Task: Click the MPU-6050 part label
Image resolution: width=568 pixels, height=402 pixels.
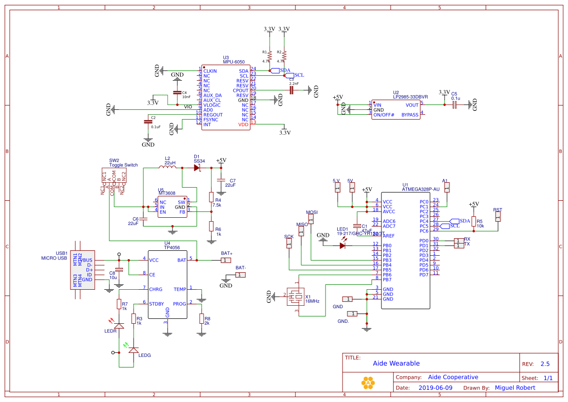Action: pyautogui.click(x=234, y=62)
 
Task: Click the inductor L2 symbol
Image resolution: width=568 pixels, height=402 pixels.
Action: pyautogui.click(x=168, y=168)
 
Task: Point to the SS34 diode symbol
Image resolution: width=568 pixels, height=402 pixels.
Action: pyautogui.click(x=197, y=168)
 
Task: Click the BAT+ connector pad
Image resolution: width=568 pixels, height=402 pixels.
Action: pyautogui.click(x=226, y=261)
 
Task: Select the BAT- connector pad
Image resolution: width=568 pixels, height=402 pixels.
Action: pyautogui.click(x=241, y=275)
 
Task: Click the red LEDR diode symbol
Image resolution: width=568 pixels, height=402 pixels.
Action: pyautogui.click(x=119, y=324)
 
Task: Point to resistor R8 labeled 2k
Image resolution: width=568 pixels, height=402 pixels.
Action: pyautogui.click(x=202, y=318)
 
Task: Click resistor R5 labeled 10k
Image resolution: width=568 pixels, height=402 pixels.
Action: pyautogui.click(x=473, y=222)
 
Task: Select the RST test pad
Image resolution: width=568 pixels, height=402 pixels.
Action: pyautogui.click(x=498, y=217)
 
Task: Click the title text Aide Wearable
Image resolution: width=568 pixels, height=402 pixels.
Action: pyautogui.click(x=396, y=364)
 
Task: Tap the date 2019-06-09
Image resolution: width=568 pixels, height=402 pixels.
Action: pyautogui.click(x=435, y=388)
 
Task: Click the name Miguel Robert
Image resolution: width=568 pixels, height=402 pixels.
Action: pyautogui.click(x=515, y=388)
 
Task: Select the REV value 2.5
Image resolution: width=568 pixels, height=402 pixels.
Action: pyautogui.click(x=545, y=364)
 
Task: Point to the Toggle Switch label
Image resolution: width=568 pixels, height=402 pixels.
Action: pyautogui.click(x=123, y=165)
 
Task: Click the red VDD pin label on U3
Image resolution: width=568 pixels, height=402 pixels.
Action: pyautogui.click(x=243, y=125)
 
